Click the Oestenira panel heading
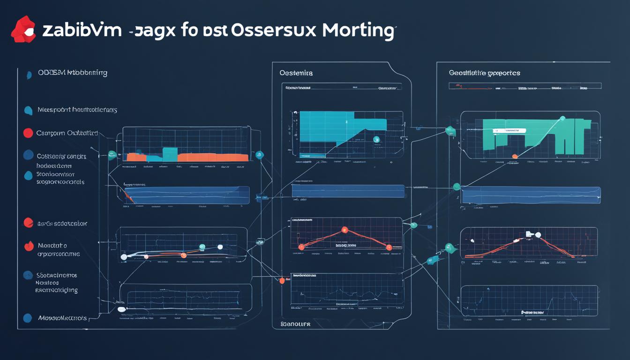296,73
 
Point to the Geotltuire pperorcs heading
484,73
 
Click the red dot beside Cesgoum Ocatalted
28,133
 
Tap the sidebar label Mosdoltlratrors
62,318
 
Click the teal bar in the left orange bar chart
170,154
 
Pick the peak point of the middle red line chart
345,230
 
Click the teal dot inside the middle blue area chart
376,139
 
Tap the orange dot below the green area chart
515,156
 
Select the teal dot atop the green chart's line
562,119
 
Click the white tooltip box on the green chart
509,131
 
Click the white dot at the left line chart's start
124,257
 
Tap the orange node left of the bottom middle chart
282,281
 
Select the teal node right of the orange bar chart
260,154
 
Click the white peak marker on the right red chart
538,235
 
